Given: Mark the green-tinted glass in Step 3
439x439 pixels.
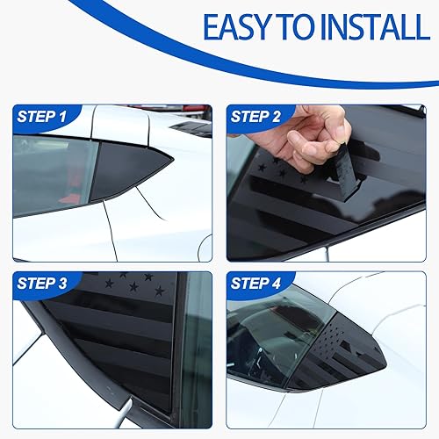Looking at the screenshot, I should (195, 351).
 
